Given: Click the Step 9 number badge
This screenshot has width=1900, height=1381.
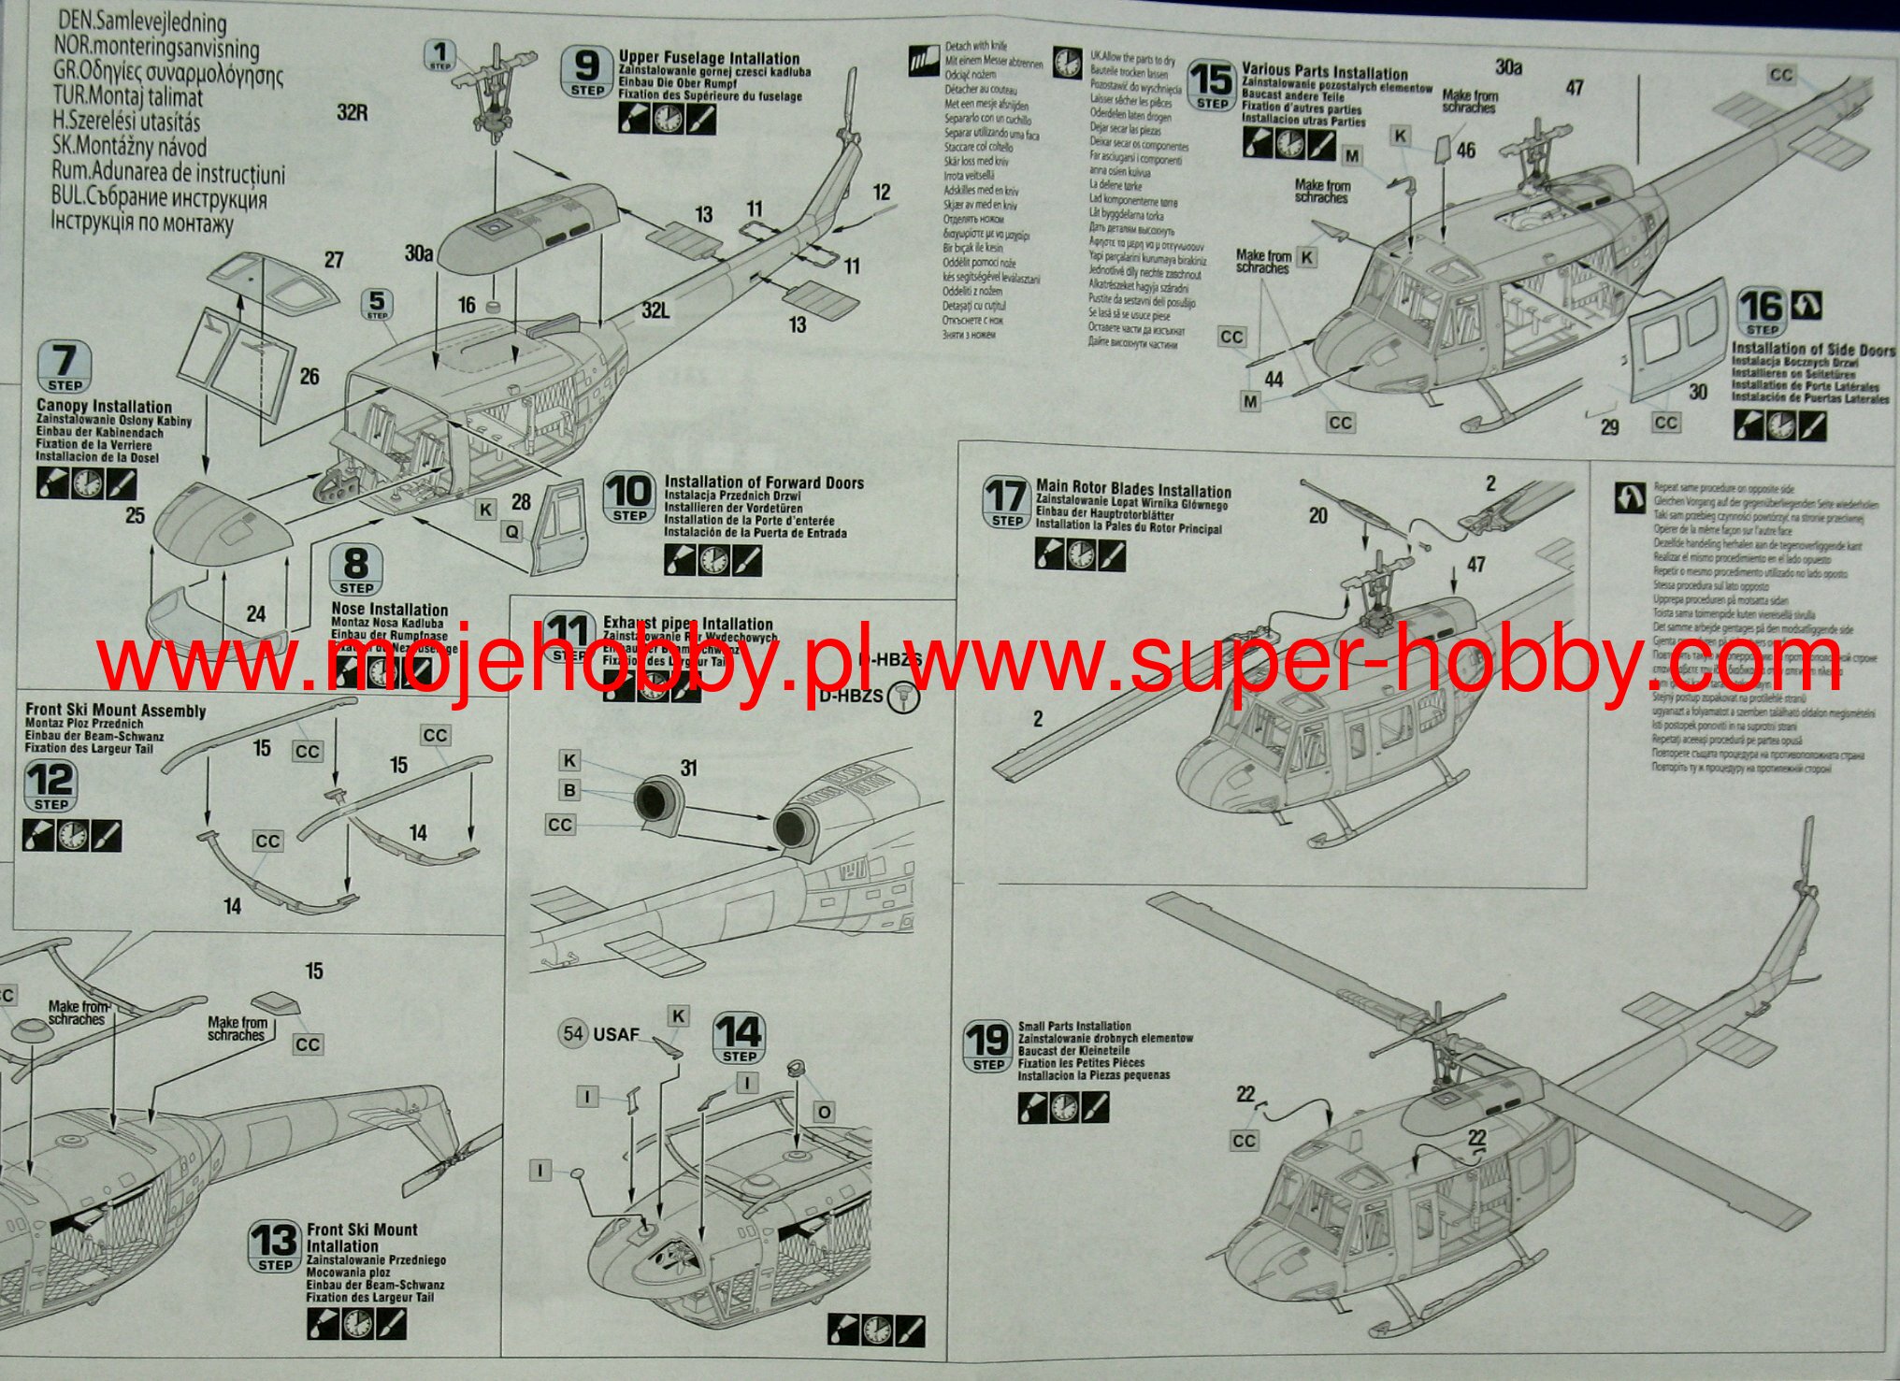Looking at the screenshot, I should tap(586, 71).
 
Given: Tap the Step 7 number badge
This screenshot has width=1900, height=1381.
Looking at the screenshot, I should tap(65, 367).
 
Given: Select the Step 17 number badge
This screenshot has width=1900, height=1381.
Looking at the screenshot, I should tap(1007, 503).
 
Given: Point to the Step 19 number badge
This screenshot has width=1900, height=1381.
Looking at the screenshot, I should tap(988, 1046).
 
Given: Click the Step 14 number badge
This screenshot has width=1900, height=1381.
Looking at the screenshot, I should tap(739, 1039).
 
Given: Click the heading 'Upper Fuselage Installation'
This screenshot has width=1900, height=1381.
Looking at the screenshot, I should tap(709, 58).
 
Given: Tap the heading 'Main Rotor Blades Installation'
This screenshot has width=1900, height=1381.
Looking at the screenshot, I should tap(1133, 491).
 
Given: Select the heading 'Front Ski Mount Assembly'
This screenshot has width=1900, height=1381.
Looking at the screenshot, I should tap(115, 711).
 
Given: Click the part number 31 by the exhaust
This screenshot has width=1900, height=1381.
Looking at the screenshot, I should tap(689, 769).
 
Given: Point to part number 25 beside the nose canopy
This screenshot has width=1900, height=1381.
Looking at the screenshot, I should tap(136, 515).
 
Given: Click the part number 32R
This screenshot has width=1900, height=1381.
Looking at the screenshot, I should tap(353, 113).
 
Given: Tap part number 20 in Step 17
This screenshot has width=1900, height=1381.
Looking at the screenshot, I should tap(1317, 515).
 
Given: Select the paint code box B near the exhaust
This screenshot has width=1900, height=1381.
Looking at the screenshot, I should tap(569, 791).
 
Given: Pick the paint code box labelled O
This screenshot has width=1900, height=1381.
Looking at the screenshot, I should tap(824, 1112).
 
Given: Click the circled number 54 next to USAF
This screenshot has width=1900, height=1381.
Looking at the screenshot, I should tap(573, 1033).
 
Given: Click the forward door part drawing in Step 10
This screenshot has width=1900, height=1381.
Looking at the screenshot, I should tap(558, 528).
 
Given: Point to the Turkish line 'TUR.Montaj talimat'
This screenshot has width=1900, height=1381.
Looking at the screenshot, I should tap(129, 97).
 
